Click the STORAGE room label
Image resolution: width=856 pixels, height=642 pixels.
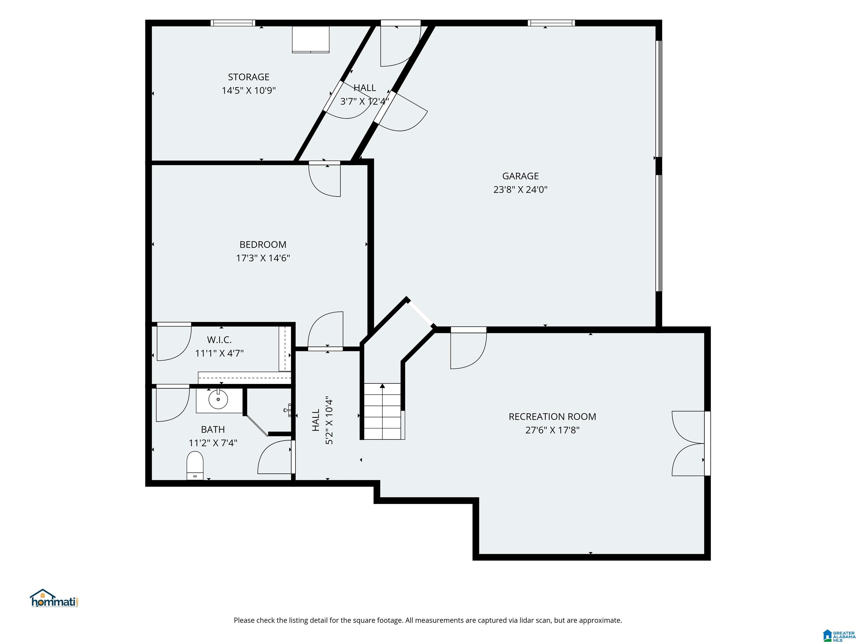(249, 77)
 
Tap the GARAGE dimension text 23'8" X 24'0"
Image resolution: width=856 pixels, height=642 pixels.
(520, 189)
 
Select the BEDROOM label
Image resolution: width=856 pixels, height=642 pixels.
(263, 245)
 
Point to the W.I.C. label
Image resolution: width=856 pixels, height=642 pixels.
(219, 340)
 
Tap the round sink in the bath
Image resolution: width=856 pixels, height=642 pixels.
(218, 399)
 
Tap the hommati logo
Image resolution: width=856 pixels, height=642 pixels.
(55, 598)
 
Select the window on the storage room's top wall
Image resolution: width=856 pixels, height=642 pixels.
(233, 23)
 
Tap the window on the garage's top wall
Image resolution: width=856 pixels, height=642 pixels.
(551, 23)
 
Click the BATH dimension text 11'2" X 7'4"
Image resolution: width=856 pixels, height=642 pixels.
(213, 443)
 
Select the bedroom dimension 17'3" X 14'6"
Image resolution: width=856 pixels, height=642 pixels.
(263, 258)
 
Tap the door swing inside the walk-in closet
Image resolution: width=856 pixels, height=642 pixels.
(174, 343)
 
